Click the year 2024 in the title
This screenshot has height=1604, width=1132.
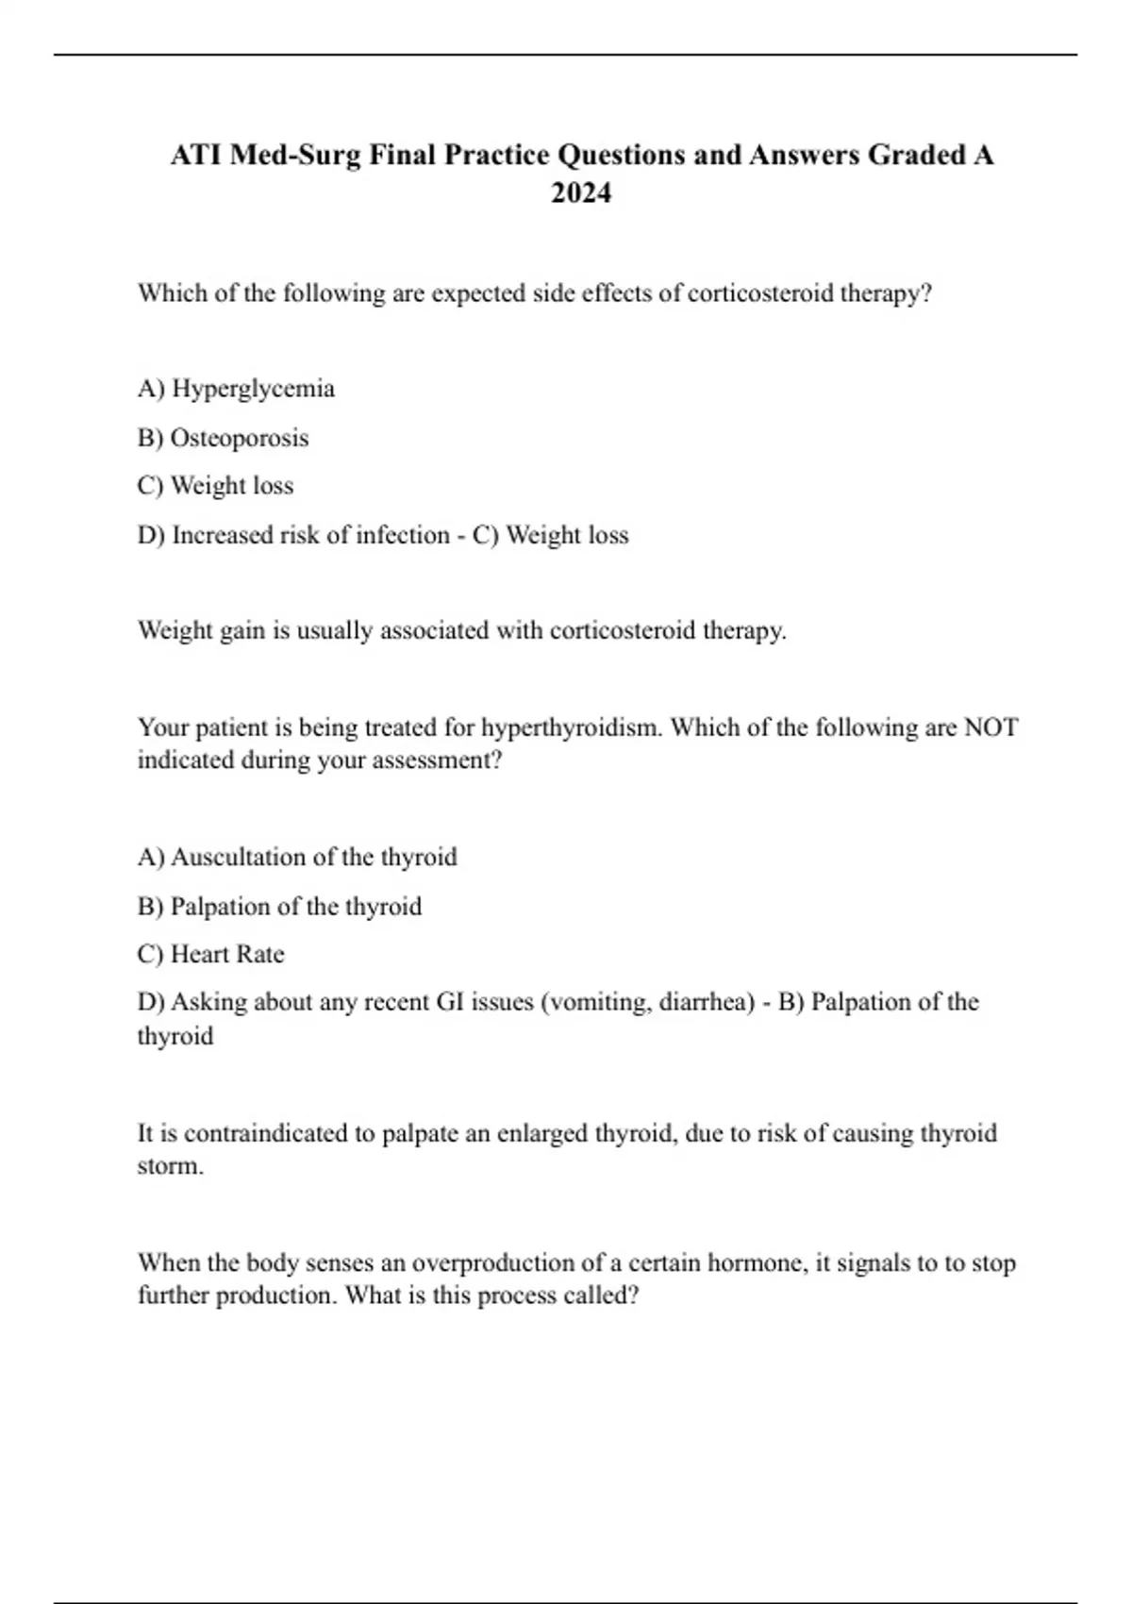coord(581,192)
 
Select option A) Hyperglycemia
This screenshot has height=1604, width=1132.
coord(236,389)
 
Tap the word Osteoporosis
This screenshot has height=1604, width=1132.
coord(240,438)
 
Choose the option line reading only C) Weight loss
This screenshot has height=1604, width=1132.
coord(215,486)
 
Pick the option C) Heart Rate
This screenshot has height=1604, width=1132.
coord(210,954)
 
